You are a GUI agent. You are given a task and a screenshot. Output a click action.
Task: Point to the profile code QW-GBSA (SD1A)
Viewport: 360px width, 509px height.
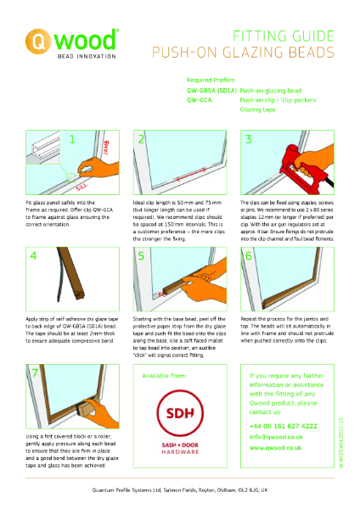coord(211,87)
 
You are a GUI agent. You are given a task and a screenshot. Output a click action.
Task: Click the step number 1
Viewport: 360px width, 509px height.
coord(73,139)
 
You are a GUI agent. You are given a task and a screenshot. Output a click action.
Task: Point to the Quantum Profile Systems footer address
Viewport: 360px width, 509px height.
coord(180,490)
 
